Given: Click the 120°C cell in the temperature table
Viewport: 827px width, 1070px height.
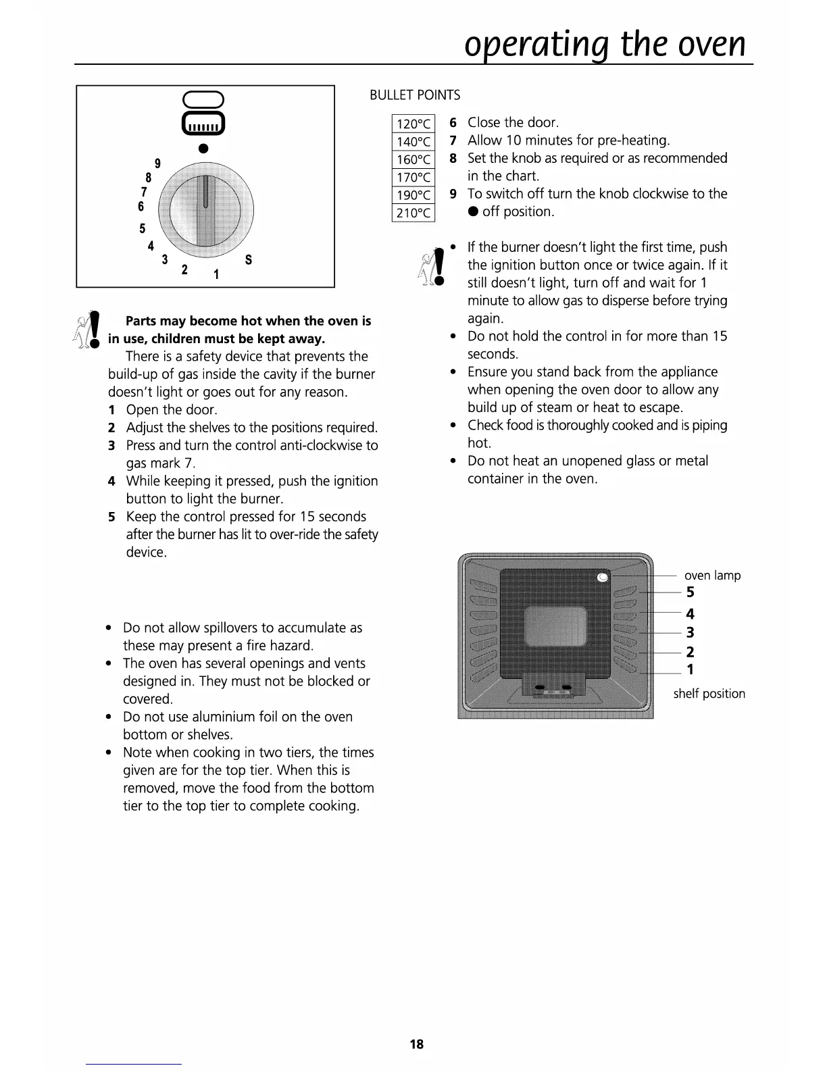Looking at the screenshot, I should click(x=413, y=124).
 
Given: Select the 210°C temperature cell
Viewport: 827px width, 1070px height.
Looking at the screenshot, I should click(x=413, y=213).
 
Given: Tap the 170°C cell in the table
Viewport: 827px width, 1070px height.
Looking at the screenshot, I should click(x=413, y=178).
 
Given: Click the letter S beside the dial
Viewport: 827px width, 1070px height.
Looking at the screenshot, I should click(x=249, y=260).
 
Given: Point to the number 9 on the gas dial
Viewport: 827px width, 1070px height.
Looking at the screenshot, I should click(x=157, y=163).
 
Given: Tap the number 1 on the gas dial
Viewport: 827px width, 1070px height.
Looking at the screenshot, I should click(x=216, y=275).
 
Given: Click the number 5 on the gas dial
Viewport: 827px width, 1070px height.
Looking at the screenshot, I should click(x=143, y=228).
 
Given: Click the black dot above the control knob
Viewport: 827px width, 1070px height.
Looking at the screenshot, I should click(x=203, y=149).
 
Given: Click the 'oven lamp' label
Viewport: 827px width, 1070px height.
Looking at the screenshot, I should click(x=712, y=576).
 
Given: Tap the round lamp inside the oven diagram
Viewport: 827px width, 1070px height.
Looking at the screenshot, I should click(x=603, y=577).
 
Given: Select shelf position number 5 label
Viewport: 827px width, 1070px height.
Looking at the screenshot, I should click(x=690, y=592).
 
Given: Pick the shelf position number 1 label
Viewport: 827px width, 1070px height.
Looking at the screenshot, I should click(x=690, y=669).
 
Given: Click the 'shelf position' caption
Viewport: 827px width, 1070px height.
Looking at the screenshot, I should click(x=709, y=694).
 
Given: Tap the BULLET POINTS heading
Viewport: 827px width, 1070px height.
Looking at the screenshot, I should click(x=415, y=95).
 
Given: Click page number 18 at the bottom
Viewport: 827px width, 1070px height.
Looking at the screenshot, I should click(x=417, y=1044).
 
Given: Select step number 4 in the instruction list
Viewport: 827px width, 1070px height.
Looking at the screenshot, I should click(x=111, y=482).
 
